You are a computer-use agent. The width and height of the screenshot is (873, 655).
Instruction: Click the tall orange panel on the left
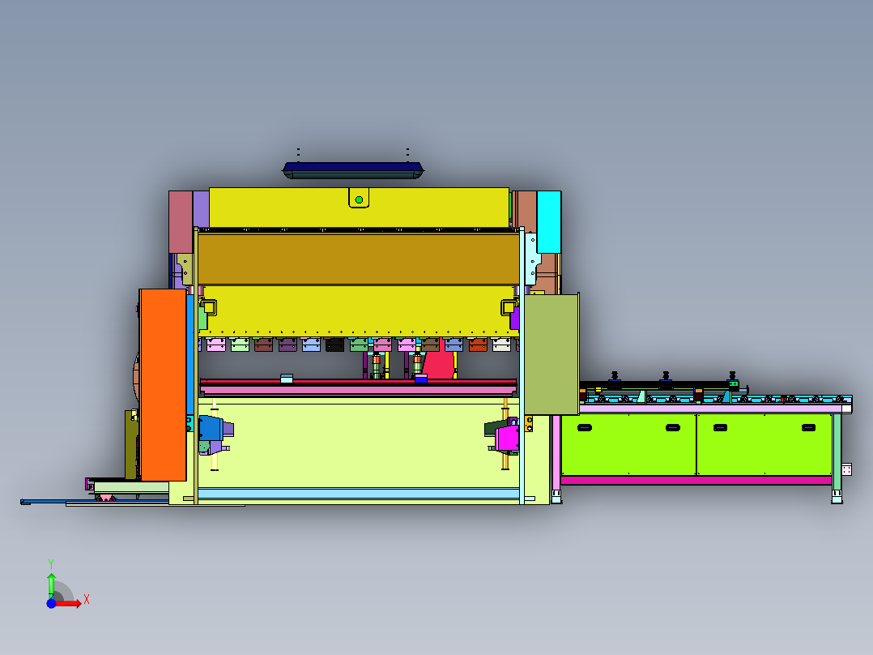click(163, 384)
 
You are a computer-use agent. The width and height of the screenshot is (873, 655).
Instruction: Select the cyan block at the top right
click(549, 222)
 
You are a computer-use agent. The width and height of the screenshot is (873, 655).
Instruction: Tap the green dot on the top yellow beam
click(359, 199)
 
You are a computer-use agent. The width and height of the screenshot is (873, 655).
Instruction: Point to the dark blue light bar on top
click(354, 170)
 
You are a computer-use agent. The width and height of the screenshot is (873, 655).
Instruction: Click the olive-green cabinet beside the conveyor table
click(551, 354)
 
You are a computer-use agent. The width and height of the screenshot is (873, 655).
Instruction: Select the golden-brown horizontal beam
click(359, 259)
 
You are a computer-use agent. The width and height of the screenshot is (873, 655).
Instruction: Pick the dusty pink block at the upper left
click(181, 222)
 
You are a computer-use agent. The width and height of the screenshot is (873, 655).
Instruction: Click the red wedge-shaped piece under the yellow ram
click(438, 360)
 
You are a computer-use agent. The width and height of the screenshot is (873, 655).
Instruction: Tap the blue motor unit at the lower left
click(211, 429)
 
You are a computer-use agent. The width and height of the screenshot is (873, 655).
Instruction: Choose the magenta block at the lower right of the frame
click(507, 439)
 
